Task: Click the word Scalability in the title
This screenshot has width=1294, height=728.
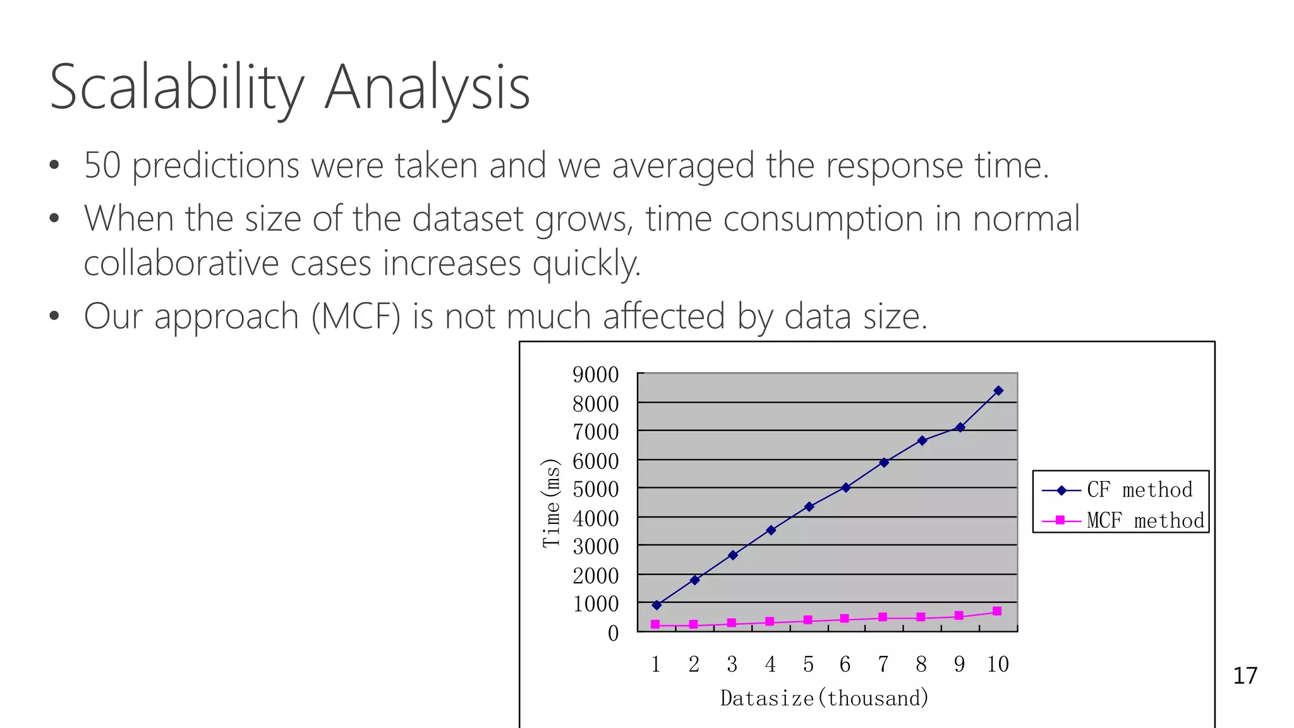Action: click(x=177, y=88)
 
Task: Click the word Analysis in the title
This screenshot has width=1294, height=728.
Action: click(x=427, y=88)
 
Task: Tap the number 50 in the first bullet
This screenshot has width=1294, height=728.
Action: click(x=102, y=166)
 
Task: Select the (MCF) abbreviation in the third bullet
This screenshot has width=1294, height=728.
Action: click(x=356, y=316)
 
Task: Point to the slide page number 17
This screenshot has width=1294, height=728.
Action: click(x=1245, y=676)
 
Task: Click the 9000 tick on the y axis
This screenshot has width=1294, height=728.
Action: click(x=595, y=375)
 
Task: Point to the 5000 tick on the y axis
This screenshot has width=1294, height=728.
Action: click(x=595, y=489)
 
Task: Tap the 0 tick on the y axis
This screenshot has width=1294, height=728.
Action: click(x=613, y=633)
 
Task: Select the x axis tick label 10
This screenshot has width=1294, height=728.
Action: click(x=998, y=664)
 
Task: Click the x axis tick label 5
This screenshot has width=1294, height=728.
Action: click(x=808, y=664)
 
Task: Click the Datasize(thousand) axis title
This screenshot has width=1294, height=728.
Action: click(x=825, y=698)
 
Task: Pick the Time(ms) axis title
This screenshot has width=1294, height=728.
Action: click(x=551, y=503)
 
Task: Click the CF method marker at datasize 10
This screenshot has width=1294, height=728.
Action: click(x=998, y=391)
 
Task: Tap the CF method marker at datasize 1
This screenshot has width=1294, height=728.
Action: click(x=656, y=605)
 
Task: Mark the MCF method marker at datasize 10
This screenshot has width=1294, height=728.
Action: click(x=997, y=611)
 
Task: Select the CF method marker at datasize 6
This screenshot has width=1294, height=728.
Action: click(x=846, y=487)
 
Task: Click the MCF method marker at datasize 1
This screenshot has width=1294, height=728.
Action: click(x=655, y=624)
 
